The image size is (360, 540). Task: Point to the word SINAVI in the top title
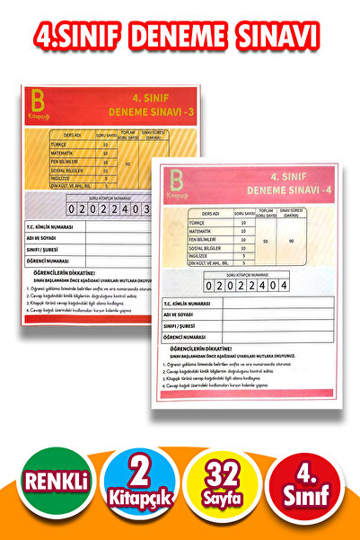pos(279,35)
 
